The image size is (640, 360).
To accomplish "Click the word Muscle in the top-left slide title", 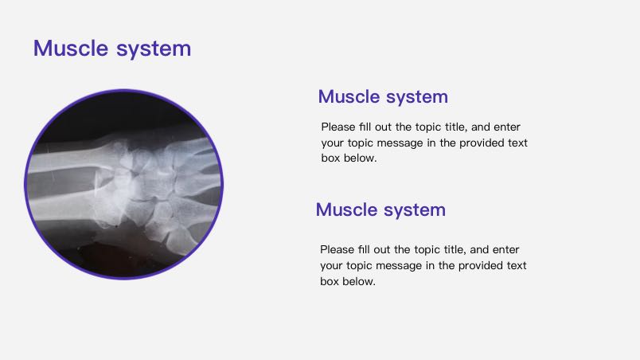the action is coord(71,48).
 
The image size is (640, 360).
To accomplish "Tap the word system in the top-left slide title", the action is coord(154,49).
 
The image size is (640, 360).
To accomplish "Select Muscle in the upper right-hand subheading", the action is coord(349,96).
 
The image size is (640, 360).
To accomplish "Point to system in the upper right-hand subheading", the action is coord(417,97).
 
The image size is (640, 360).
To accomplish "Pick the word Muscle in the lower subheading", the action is coord(346,209).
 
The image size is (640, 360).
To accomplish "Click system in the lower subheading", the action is coord(414,210).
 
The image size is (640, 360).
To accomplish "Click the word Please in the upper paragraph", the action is coord(338,127).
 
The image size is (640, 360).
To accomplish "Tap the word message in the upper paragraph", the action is coord(400,143).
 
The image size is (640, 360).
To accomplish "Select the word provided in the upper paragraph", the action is coord(482,143).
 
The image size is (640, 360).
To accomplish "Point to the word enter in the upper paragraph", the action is coord(507,127).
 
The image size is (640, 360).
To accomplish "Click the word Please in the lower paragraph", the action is coord(337,249).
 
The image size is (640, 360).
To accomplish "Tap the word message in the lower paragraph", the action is coord(398,266).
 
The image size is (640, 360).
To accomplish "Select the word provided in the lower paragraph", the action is coord(481,265).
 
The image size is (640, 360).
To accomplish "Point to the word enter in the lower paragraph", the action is coord(505,249).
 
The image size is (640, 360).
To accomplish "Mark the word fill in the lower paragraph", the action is coord(364,249).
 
